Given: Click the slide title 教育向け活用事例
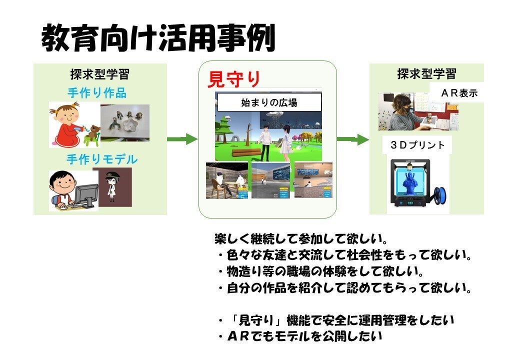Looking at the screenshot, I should (x=158, y=38).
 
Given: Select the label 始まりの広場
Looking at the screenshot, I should (x=268, y=103).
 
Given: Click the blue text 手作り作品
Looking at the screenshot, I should (x=96, y=93).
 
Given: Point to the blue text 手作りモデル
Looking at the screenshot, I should (x=102, y=159).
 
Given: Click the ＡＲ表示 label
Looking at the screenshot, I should (x=459, y=93).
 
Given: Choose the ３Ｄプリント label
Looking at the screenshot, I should (x=416, y=145).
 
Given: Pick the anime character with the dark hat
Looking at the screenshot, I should (x=112, y=187).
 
